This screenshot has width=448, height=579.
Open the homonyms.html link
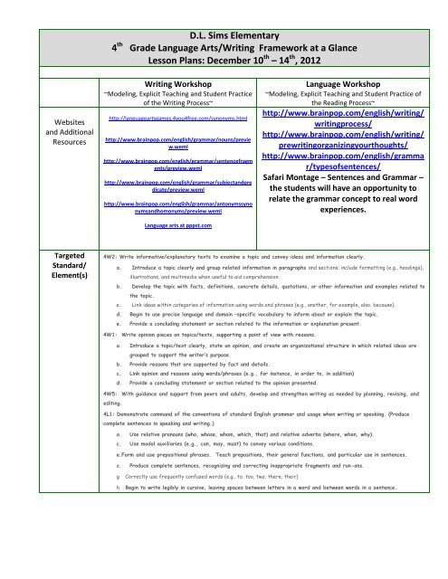pos(159,118)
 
